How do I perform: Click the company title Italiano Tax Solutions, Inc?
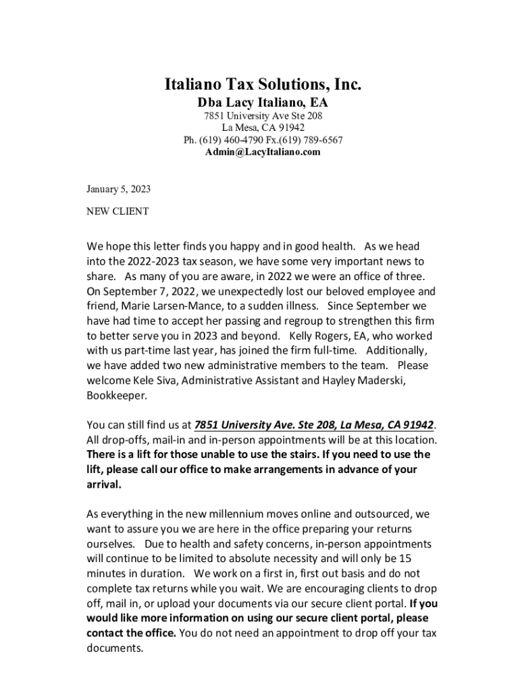click(263, 85)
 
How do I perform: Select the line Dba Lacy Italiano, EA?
click(263, 103)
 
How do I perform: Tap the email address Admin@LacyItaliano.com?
click(263, 152)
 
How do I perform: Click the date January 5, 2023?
click(119, 189)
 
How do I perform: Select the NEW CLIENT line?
click(118, 211)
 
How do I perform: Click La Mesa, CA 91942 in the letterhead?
click(263, 128)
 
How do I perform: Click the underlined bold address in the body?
click(313, 424)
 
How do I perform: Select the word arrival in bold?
click(104, 484)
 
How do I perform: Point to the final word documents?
click(115, 647)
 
